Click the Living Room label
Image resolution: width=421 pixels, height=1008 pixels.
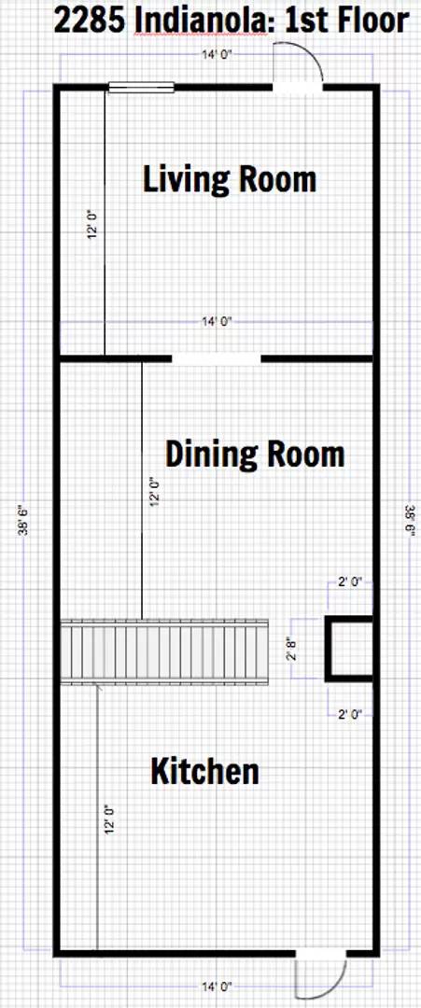(x=230, y=178)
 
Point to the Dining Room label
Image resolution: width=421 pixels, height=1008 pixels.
(x=255, y=455)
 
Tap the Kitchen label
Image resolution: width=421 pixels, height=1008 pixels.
(x=205, y=772)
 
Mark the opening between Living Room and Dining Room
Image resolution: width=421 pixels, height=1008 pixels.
(x=216, y=357)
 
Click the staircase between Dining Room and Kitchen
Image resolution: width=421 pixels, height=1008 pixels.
(x=164, y=651)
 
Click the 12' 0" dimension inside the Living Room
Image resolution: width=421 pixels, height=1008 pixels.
(x=91, y=226)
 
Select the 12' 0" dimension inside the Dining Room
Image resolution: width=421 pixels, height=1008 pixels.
(x=154, y=492)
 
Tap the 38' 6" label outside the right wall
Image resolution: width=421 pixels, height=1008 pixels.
(x=409, y=519)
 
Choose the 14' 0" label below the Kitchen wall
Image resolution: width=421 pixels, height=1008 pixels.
(x=217, y=985)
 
